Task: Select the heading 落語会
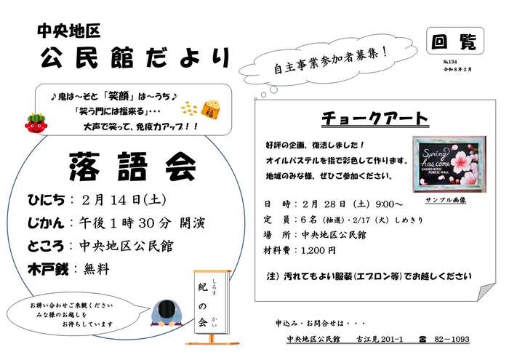[133, 167]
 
